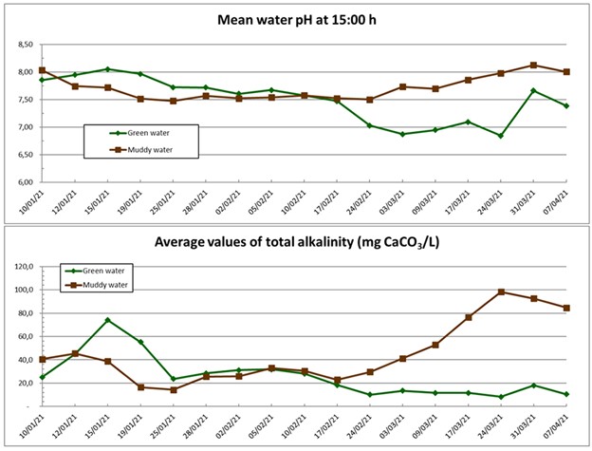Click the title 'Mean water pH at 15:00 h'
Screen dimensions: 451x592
tap(297, 20)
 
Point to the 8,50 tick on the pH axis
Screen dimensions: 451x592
tap(23, 45)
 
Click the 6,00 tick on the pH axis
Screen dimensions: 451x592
tap(23, 182)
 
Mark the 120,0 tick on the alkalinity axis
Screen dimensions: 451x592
tap(22, 267)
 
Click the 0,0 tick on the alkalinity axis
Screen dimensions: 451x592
tap(26, 406)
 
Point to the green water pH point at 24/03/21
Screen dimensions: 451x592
tap(501, 136)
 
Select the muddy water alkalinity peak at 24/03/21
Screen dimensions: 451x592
tap(501, 292)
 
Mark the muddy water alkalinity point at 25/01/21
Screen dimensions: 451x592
tap(173, 389)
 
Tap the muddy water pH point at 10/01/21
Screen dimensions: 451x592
tap(42, 70)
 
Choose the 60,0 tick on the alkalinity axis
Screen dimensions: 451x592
tap(24, 337)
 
